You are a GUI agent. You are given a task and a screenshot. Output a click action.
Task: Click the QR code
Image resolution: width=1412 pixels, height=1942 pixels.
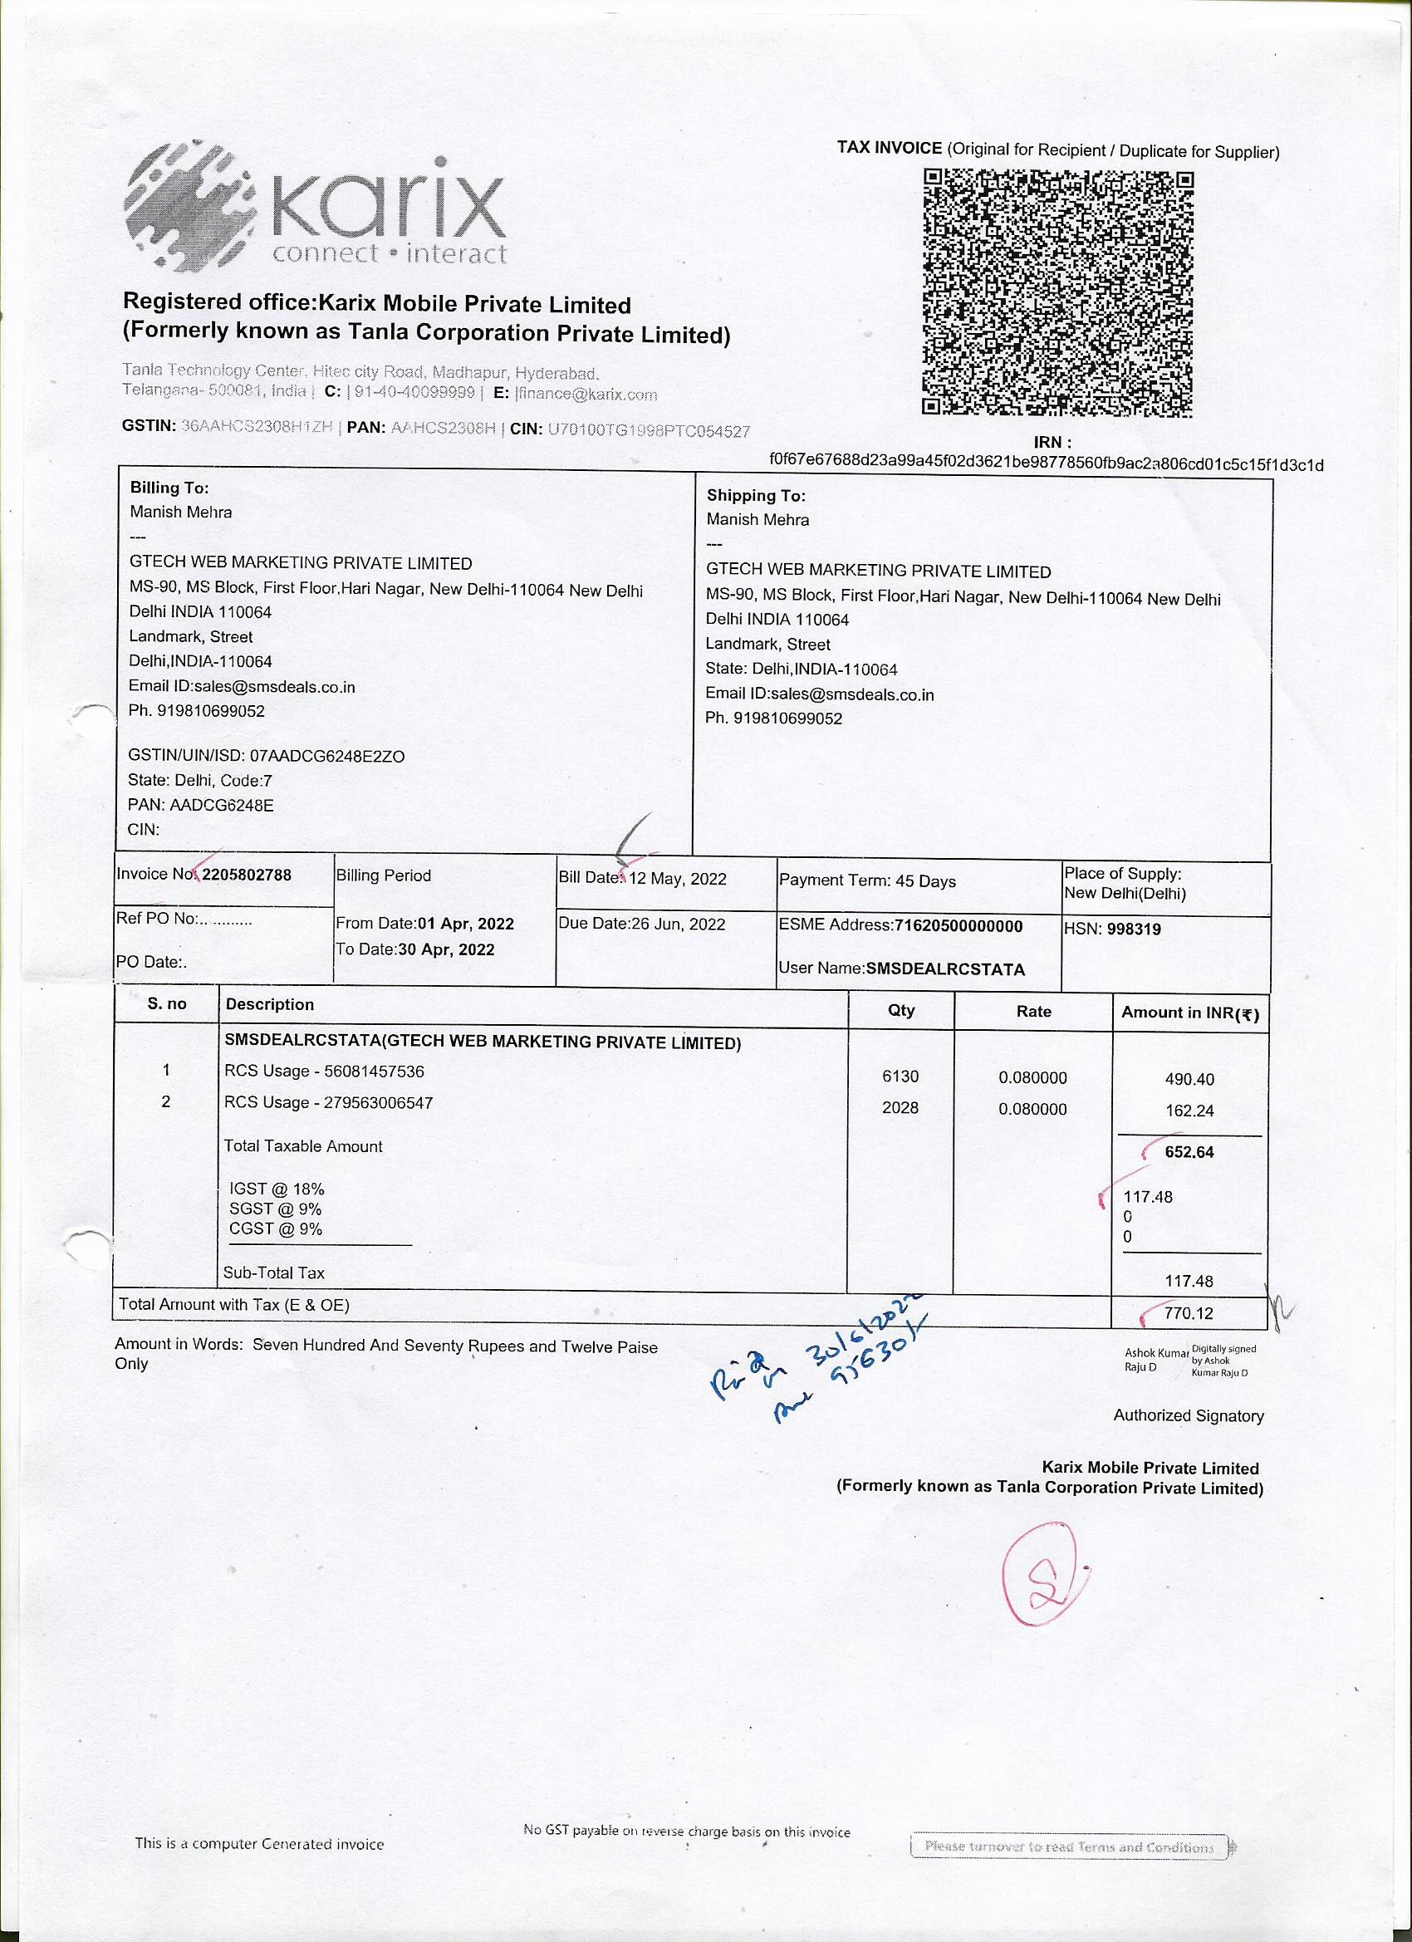[1057, 294]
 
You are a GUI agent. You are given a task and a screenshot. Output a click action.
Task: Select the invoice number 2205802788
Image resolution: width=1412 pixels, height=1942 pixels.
[246, 875]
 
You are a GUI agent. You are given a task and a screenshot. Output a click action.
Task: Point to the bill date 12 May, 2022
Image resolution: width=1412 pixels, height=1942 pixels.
[677, 879]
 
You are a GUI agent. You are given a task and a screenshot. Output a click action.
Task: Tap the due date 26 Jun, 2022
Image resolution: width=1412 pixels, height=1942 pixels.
[677, 924]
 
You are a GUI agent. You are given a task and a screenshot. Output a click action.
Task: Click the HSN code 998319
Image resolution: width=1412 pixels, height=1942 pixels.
[1134, 929]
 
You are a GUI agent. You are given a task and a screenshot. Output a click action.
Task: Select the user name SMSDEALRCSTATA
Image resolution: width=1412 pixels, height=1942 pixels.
[945, 969]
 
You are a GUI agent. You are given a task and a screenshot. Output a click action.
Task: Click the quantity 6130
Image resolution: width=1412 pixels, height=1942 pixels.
[900, 1076]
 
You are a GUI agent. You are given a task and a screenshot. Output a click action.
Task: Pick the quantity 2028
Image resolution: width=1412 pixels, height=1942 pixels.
[900, 1107]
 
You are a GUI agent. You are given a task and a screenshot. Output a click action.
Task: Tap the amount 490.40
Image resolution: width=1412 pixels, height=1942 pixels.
[1189, 1079]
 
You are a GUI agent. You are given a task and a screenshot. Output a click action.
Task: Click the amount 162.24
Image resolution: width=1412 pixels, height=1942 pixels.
[1189, 1111]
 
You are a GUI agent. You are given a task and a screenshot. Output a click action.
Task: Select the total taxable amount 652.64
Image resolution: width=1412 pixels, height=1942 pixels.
[1189, 1152]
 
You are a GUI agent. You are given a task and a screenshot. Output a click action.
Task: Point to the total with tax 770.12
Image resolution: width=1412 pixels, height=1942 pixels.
[1189, 1312]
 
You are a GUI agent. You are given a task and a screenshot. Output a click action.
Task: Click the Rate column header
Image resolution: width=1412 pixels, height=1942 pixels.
[1033, 1011]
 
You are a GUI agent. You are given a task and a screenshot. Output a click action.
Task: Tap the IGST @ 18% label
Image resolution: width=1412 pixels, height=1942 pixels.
[277, 1189]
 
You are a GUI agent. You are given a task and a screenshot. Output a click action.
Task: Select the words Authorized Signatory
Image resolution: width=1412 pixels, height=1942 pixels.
[1189, 1415]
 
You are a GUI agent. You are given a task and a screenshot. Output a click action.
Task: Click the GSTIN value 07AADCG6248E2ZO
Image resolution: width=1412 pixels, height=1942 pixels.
[327, 756]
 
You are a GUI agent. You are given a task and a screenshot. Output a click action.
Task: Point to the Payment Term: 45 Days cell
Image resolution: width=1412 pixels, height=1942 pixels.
[867, 881]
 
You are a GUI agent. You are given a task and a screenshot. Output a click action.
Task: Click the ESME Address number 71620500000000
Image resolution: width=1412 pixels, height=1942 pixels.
[958, 925]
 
